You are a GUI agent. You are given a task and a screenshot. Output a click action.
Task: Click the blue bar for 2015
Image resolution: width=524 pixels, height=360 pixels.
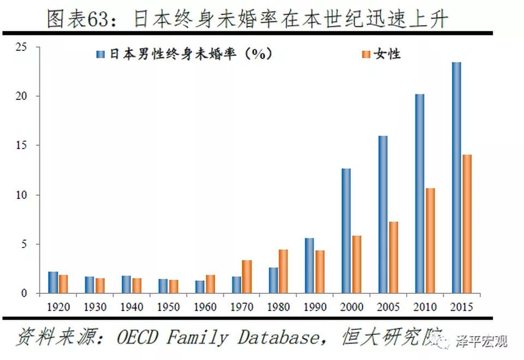456,178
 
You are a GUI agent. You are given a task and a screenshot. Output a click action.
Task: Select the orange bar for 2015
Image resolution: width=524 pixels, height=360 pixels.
467,224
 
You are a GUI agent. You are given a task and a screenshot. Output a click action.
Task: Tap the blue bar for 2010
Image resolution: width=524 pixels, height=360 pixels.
420,194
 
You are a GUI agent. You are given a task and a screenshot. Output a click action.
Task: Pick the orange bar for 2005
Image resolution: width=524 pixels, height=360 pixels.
394,257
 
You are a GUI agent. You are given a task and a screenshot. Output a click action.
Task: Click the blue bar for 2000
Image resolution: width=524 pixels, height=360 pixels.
346,231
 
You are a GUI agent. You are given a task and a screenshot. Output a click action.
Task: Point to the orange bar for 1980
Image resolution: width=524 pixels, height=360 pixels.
283,272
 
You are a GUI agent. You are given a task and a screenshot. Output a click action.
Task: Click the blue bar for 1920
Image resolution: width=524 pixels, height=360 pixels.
53,282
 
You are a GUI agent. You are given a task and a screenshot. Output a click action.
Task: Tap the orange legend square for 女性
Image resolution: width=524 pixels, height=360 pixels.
365,54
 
